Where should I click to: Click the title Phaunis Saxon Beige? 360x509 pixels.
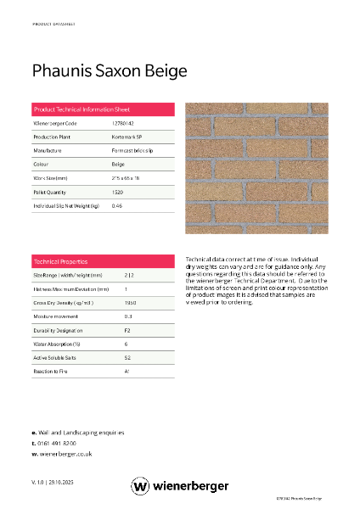(109, 71)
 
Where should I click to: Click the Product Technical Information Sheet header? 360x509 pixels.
(82, 109)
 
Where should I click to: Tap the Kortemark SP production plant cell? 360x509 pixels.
(127, 137)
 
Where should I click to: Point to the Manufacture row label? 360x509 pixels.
(48, 150)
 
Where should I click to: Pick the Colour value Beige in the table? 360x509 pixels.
(118, 164)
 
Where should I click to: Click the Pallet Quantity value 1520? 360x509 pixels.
(118, 193)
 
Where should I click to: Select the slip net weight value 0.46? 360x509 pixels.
(117, 206)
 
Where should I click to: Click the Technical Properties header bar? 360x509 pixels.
(60, 261)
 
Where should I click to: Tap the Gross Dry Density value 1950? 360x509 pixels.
(130, 302)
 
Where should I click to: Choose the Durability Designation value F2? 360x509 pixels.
(127, 330)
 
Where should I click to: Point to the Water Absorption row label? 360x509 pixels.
(56, 344)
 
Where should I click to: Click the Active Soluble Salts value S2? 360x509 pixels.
(127, 357)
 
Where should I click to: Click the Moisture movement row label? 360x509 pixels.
(55, 316)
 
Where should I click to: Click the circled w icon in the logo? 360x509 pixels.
(140, 485)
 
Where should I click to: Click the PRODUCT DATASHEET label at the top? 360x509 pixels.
(53, 25)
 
